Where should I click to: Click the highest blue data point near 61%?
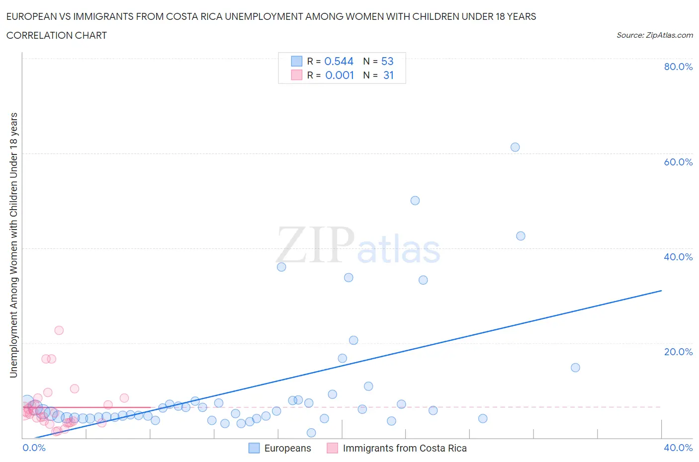[x=515, y=147]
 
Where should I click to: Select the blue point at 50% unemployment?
[x=415, y=201]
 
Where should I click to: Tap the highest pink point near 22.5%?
[x=59, y=330]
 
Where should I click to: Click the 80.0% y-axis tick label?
[x=678, y=67]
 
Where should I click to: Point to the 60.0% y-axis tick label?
[x=678, y=162]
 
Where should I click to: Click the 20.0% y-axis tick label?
[x=678, y=352]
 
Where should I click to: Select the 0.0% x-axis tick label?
[x=34, y=448]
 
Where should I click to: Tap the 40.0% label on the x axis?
[x=678, y=448]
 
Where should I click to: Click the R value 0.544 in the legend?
[x=339, y=61]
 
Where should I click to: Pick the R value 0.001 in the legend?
[x=340, y=75]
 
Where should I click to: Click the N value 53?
[x=387, y=61]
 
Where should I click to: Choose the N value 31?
[x=388, y=75]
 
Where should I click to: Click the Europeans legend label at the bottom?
[x=287, y=448]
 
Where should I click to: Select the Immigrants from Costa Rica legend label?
[x=405, y=448]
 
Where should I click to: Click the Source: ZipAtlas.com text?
[x=654, y=35]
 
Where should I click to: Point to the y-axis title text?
[x=13, y=245]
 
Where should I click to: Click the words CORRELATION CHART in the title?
[x=57, y=35]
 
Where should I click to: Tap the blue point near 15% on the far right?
[x=575, y=368]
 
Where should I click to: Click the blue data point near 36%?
[x=281, y=267]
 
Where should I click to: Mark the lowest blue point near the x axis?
[x=311, y=433]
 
